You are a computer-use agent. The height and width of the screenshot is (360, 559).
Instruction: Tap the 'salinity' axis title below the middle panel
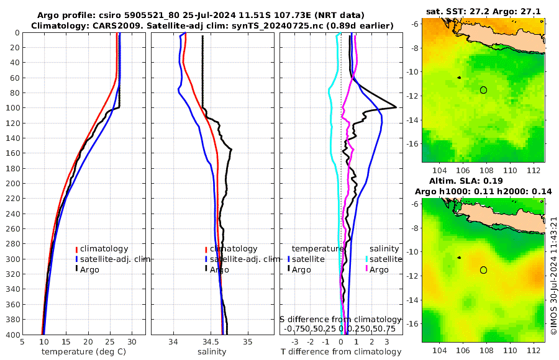point(211,352)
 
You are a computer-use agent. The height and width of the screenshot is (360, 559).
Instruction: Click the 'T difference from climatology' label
point(341,352)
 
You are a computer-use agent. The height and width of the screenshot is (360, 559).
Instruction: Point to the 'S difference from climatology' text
point(340,319)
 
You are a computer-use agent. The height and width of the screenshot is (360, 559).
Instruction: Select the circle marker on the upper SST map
point(483,90)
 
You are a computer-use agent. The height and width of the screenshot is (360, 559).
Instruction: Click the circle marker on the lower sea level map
point(483,270)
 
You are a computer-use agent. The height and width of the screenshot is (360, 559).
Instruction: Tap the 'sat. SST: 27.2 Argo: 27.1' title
point(484,12)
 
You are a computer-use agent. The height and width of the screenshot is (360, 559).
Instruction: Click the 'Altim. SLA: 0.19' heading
point(484,181)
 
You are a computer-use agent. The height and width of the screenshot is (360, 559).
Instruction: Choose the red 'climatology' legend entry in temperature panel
point(103,249)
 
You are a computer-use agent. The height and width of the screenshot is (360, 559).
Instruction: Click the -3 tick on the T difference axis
point(294,342)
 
